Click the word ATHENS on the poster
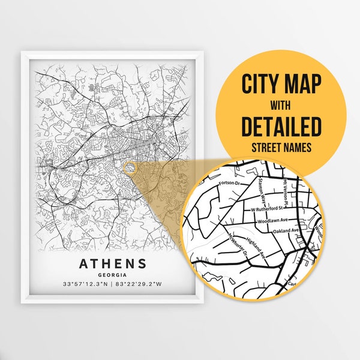point(113,263)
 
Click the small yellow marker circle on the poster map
point(128,165)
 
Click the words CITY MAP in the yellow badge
point(281,83)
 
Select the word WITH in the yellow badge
point(281,105)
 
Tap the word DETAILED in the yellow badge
point(281,127)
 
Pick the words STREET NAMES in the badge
point(281,146)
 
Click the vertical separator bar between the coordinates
point(113,284)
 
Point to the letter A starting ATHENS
point(83,263)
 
